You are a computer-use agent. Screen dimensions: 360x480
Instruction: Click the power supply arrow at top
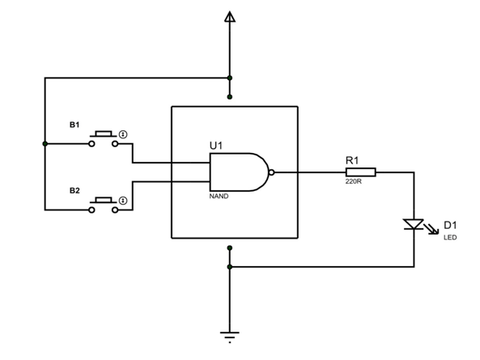[230, 16]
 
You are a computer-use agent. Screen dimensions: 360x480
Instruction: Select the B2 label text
[74, 191]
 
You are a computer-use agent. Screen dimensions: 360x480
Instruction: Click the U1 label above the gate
[216, 145]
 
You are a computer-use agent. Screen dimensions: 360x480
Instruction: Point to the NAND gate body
[239, 172]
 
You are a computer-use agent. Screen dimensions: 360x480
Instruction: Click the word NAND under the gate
[219, 197]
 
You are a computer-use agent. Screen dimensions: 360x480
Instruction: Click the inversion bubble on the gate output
[272, 172]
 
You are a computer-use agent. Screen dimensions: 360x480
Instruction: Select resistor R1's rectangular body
[360, 172]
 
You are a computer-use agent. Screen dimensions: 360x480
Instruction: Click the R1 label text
[352, 160]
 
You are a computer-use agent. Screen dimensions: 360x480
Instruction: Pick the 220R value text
[353, 182]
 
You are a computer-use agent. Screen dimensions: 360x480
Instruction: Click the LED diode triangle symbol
[414, 224]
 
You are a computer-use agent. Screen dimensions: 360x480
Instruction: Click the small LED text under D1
[450, 237]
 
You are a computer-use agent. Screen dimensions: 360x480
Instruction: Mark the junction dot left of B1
[45, 144]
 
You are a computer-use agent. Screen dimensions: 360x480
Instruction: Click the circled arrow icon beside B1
[123, 133]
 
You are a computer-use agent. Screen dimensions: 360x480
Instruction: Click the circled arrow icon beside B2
[123, 200]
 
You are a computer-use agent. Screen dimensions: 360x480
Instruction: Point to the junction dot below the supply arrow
[230, 78]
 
